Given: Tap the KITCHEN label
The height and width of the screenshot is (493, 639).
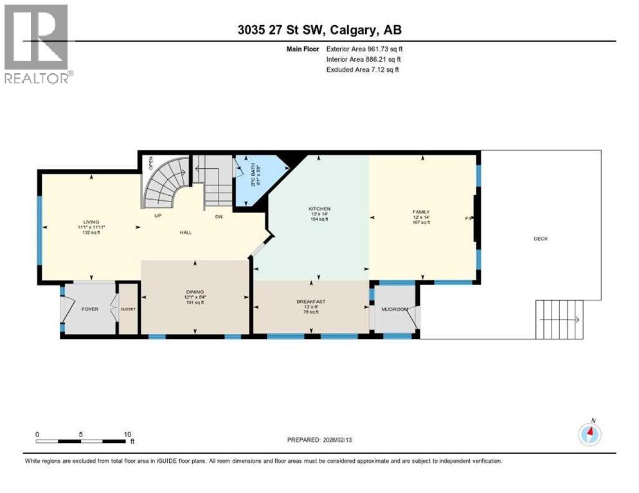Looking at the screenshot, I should pos(319,209).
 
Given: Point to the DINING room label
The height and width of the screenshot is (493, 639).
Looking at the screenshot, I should pos(194,293).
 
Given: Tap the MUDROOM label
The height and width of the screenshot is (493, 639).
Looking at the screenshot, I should pos(394,309).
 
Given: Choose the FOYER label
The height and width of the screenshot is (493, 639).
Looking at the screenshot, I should pos(89,309).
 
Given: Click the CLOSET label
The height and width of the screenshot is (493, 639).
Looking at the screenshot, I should pos(128,309).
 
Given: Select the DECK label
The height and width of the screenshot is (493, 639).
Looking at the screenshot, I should pos(540,238).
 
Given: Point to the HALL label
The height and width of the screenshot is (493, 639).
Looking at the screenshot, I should pos(186,232).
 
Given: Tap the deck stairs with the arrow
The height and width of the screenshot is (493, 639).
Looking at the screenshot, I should pos(560,319).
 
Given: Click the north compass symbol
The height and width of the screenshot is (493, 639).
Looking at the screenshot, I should pos(589,434).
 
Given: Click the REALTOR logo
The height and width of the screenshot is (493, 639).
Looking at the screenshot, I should pos(37,44).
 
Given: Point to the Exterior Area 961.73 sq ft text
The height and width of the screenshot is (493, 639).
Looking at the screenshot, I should pos(364,49).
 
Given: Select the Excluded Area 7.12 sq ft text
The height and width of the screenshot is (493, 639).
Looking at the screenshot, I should pos(362,69).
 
